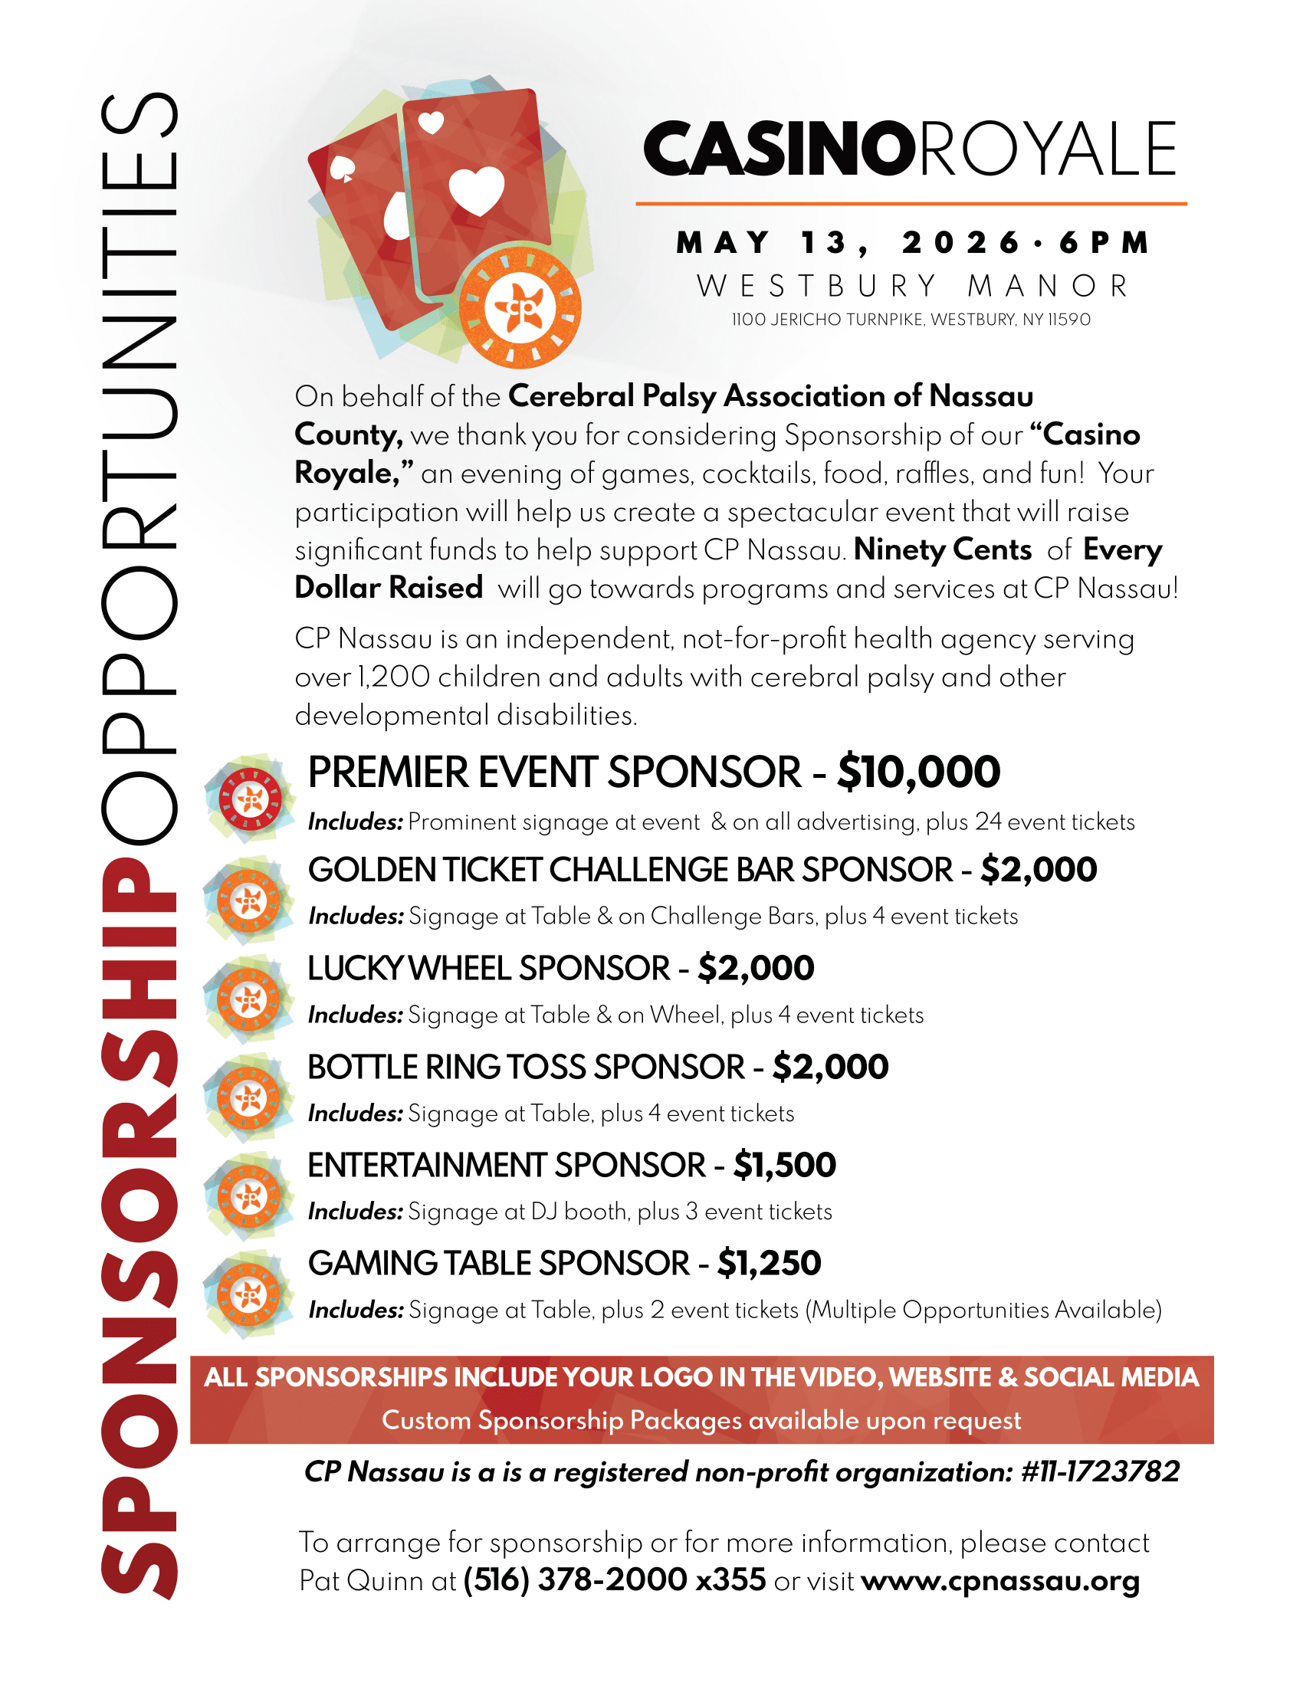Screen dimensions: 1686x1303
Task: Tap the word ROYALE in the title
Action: pos(1047,148)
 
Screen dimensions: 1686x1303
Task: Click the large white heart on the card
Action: pos(476,190)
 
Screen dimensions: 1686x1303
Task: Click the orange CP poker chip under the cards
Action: pos(520,307)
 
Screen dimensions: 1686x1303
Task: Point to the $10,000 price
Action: pos(918,772)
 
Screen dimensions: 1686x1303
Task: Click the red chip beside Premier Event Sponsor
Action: pos(249,799)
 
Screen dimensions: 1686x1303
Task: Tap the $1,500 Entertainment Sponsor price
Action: pos(784,1165)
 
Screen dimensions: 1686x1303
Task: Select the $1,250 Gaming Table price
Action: pos(769,1264)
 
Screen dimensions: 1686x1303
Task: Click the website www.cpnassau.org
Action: pos(1000,1580)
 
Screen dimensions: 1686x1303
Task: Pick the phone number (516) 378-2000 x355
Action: pos(615,1580)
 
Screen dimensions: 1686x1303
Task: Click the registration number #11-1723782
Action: pos(1100,1472)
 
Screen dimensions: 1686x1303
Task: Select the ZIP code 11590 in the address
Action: pos(1068,320)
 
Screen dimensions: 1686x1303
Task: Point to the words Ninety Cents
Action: pos(943,549)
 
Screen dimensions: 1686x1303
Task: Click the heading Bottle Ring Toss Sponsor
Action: pos(526,1068)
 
